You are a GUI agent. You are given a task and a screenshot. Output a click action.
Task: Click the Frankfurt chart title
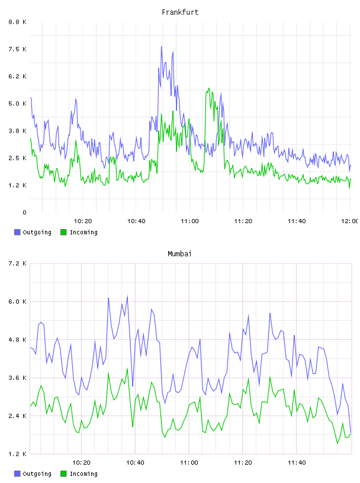pos(180,12)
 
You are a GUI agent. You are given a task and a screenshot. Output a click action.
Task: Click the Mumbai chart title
pos(179,254)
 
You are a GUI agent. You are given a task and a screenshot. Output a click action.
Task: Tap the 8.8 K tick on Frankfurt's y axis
pos(17,22)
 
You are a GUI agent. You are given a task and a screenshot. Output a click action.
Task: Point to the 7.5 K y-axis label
pos(17,49)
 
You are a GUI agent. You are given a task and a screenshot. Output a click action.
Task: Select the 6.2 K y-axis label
pos(17,76)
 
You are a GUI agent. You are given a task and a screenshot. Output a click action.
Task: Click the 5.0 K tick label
pos(17,104)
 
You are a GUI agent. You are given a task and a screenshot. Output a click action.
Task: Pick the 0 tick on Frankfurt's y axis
pos(24,212)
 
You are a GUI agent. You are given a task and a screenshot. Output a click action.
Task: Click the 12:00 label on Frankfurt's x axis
pos(350,221)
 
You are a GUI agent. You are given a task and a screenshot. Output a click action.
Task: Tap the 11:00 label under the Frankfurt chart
pos(189,221)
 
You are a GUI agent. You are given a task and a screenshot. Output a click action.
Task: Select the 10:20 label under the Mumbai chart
pos(81,463)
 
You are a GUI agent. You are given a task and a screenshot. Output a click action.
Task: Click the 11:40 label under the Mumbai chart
pos(297,463)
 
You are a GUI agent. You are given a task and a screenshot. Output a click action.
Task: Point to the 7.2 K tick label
pos(17,263)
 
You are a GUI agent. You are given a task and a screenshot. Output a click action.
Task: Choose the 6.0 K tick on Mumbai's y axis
pos(17,301)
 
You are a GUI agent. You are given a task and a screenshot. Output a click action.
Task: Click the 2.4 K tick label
pos(17,416)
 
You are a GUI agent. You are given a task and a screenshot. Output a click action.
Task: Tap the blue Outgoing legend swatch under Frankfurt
pos(17,232)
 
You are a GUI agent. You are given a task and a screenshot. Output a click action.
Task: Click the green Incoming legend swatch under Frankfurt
pos(63,232)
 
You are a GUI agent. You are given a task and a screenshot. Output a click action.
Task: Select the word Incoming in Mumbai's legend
pos(83,474)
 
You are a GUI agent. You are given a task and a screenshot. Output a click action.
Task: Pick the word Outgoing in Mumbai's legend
pos(37,474)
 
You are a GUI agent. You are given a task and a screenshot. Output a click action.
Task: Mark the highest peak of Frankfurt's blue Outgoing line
pos(161,47)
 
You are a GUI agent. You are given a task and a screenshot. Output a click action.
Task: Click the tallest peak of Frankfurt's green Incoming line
pos(208,88)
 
